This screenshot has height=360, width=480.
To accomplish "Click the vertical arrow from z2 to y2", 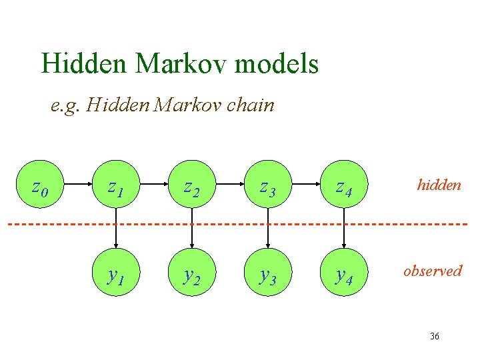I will click(x=191, y=230).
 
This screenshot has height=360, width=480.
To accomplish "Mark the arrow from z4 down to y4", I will click(x=343, y=230).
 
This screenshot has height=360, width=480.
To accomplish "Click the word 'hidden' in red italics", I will click(x=439, y=185).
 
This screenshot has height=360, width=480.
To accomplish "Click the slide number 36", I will click(x=434, y=336).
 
